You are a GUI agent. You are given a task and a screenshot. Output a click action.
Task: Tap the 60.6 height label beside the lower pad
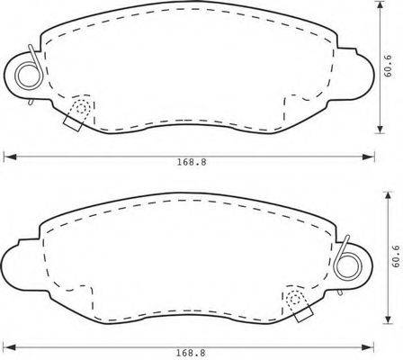pos(395,259)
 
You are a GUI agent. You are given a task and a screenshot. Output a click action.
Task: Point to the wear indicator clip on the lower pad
pos(296,302)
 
